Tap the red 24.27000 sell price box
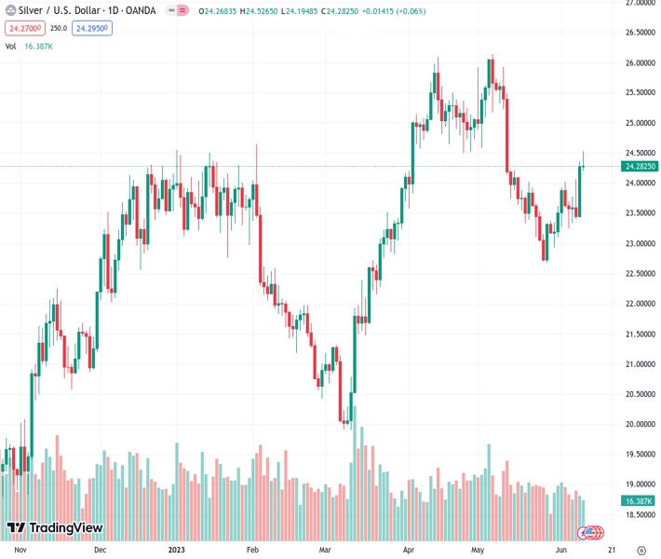[22, 28]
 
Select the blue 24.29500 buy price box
[91, 28]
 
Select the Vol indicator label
[10, 45]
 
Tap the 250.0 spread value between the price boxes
[58, 28]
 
